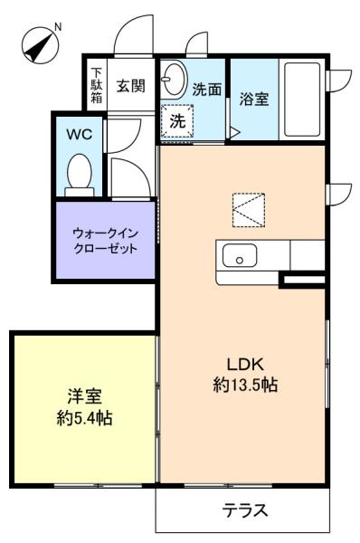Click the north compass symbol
pos(40,46)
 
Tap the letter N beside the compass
pos(58,27)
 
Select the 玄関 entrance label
pos(130,86)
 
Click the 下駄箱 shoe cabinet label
pos(97,85)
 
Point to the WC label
pos(80,134)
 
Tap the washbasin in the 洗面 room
pos(174,78)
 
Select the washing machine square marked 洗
pos(177,121)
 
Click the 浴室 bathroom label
pos(254,99)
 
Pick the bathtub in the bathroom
pos(302,99)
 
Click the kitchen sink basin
pos(240,255)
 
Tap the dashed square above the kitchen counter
pos(249,210)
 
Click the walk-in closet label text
pos(105,241)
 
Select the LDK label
pos(245,364)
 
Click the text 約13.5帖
pos(245,384)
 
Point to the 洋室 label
pos(84,396)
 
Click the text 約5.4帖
pos(84,417)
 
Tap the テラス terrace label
pos(245,510)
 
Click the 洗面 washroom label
pos(206,90)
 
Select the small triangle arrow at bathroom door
pos(234,133)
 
